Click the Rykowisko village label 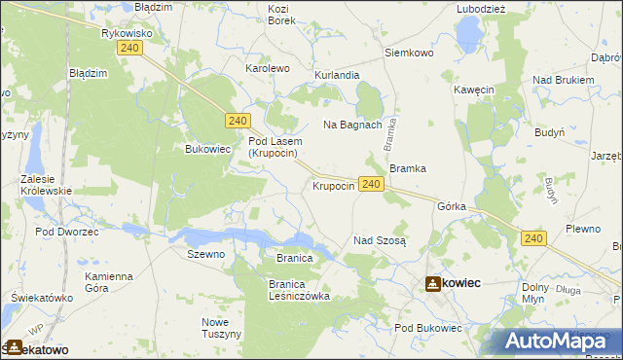tap(128, 33)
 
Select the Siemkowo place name tap(409, 53)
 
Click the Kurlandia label tap(337, 75)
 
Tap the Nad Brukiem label tap(563, 80)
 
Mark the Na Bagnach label tap(351, 125)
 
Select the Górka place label tap(453, 207)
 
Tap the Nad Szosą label tap(380, 240)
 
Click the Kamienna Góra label tap(108, 282)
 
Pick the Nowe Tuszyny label tap(221, 328)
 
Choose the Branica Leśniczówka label tap(299, 289)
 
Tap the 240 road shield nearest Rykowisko tap(133, 60)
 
